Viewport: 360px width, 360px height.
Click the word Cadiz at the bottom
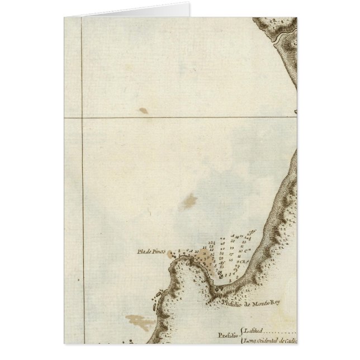288,339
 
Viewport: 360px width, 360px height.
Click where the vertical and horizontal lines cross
83,117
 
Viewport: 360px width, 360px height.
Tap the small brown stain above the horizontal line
144,111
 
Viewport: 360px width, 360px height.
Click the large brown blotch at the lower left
140,322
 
